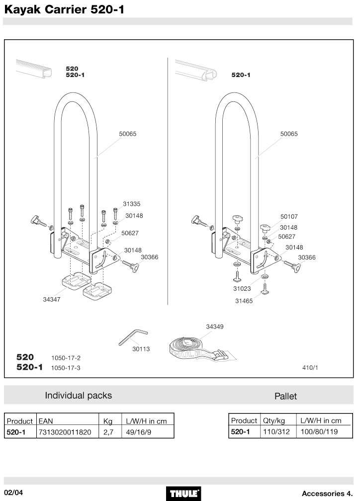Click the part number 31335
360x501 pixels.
pyautogui.click(x=131, y=204)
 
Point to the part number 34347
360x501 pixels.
pyautogui.click(x=52, y=299)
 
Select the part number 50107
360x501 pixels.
pyautogui.click(x=289, y=217)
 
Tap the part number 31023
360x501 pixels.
pyautogui.click(x=242, y=288)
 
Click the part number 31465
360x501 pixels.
pyautogui.click(x=244, y=301)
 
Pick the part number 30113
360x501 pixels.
pyautogui.click(x=141, y=349)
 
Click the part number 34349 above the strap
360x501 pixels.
pyautogui.click(x=214, y=327)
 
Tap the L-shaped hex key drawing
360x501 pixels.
pyautogui.click(x=133, y=337)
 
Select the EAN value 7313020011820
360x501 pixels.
pyautogui.click(x=65, y=432)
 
